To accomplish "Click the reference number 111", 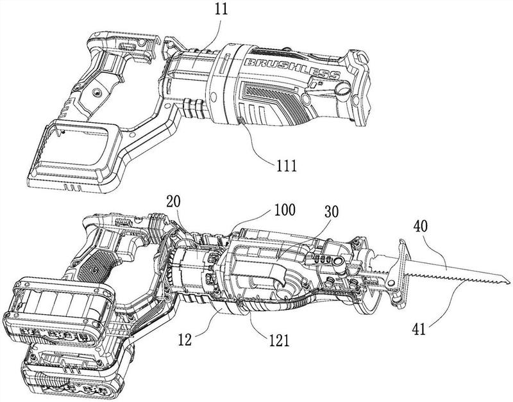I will click(x=286, y=166).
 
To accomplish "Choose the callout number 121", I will click(x=278, y=340).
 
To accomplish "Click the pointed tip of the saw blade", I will click(x=510, y=280).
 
